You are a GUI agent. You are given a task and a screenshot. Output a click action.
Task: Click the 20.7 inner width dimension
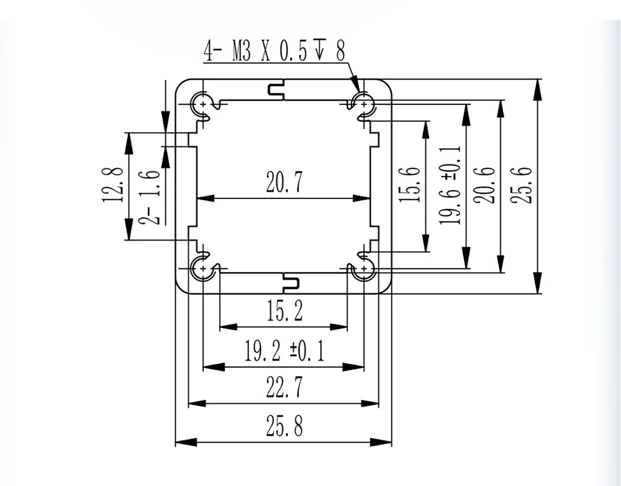tap(284, 182)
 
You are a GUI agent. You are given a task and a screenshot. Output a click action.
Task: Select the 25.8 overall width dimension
tap(284, 426)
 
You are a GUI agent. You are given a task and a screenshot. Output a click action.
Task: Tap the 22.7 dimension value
tap(284, 387)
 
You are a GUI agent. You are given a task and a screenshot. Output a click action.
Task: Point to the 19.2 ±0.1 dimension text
tap(284, 351)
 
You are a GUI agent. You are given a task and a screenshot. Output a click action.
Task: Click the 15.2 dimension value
tap(284, 311)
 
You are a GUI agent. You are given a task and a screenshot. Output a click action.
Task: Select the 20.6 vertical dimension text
tap(484, 185)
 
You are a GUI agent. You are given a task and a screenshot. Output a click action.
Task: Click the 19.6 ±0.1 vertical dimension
tap(451, 185)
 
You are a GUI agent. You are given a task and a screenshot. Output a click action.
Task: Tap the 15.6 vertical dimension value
tap(409, 185)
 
